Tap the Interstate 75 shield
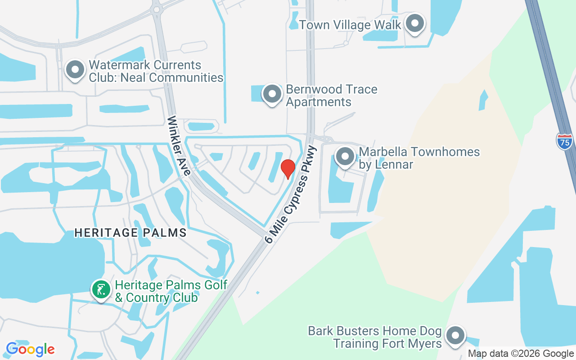click(564, 141)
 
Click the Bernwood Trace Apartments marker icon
click(272, 94)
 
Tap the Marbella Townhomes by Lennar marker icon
click(345, 157)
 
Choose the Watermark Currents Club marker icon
click(75, 70)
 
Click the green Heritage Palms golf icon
click(101, 289)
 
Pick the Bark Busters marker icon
click(455, 336)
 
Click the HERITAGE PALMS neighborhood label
click(130, 233)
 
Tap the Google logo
click(30, 349)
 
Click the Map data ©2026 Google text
click(520, 354)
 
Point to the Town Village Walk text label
click(350, 25)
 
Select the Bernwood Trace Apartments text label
click(332, 95)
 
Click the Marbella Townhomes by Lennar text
click(419, 158)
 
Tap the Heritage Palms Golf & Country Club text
click(171, 291)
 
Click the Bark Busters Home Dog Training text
click(375, 337)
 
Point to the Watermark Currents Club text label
click(156, 71)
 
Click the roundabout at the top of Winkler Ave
click(157, 8)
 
